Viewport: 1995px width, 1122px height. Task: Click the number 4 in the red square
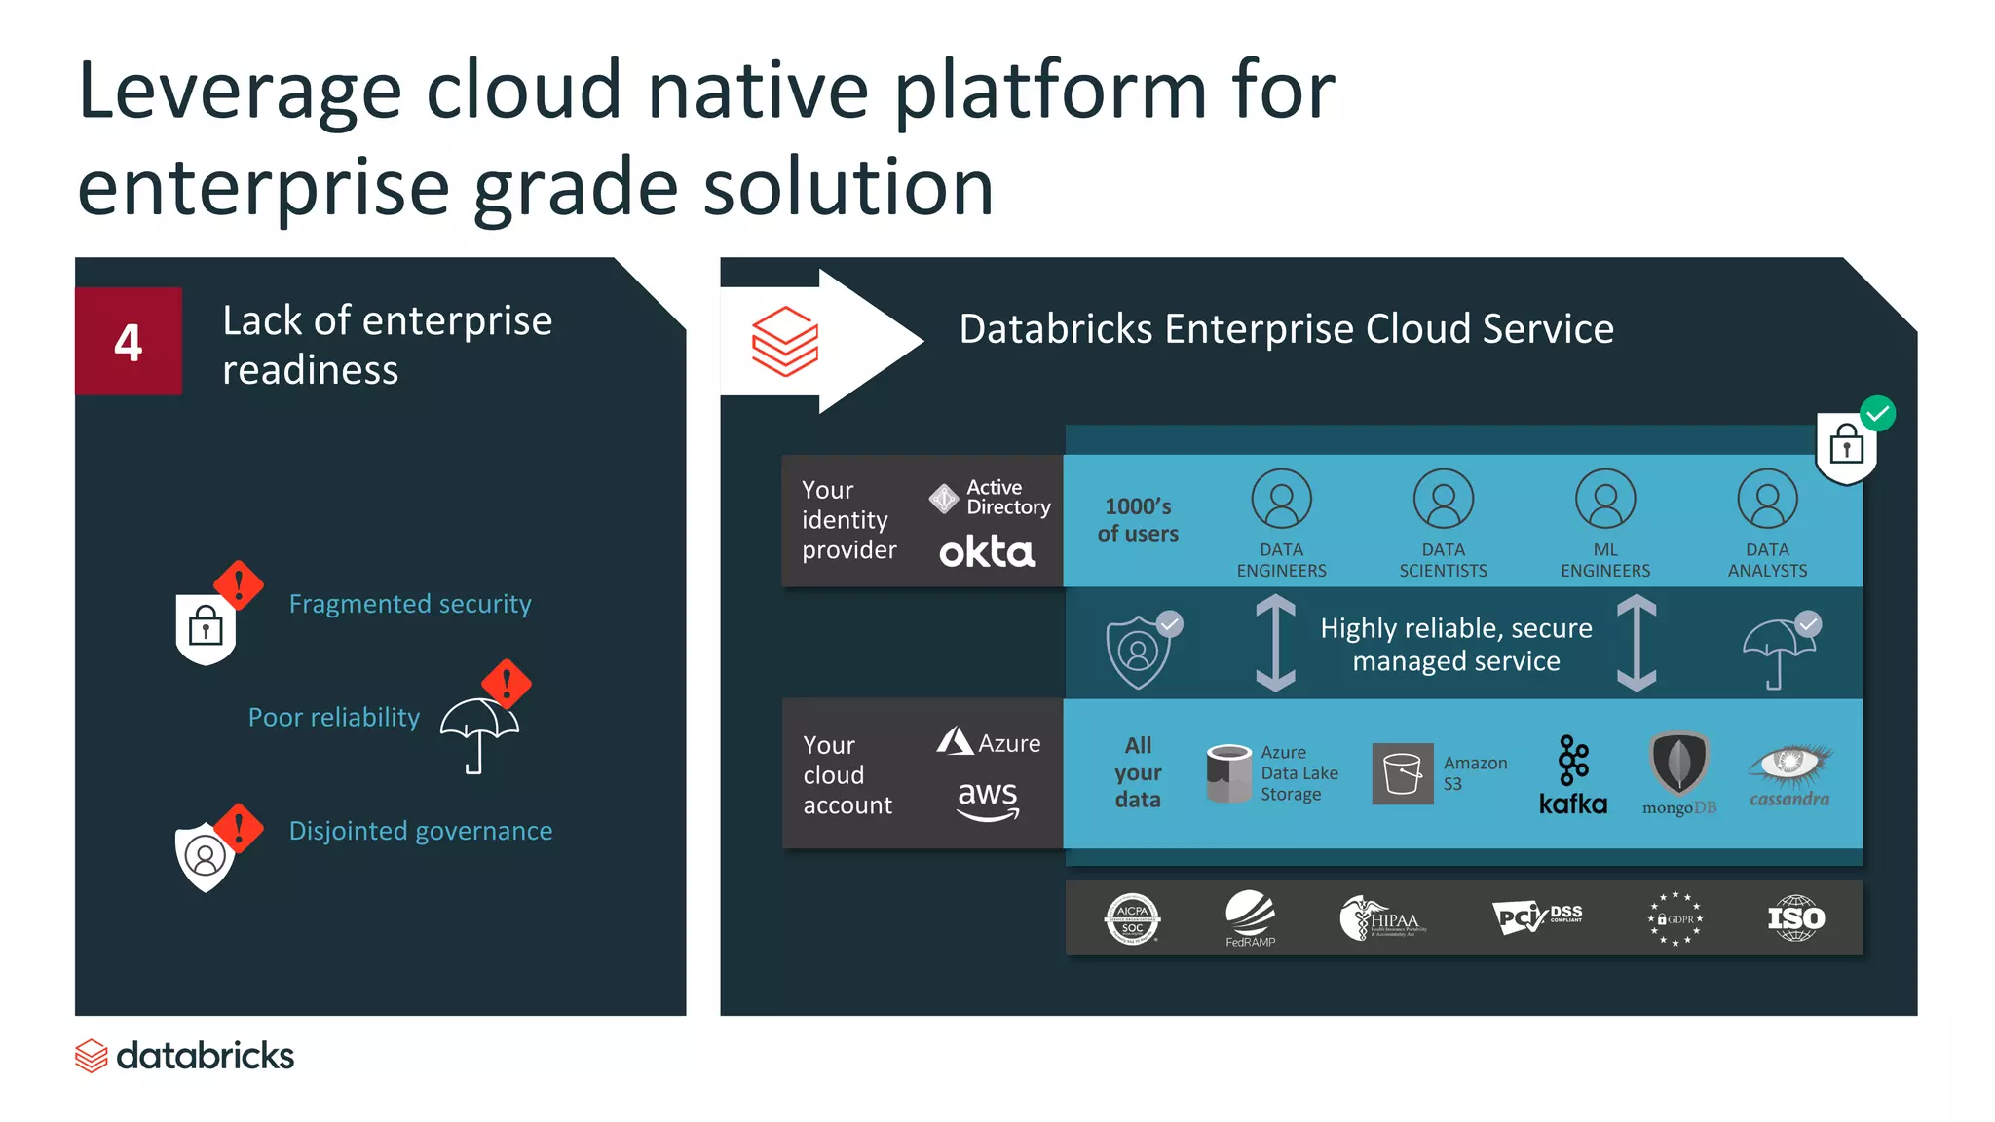click(128, 342)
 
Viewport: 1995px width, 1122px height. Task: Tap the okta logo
click(987, 552)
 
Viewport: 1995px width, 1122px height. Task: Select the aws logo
click(988, 799)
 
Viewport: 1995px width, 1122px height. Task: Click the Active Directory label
click(1007, 497)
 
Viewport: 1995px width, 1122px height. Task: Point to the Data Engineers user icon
click(1281, 499)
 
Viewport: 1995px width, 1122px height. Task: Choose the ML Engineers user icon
click(1605, 499)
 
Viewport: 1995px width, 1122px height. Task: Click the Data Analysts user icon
click(1767, 499)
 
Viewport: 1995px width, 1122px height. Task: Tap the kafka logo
click(1572, 775)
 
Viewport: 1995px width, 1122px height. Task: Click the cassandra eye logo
click(1789, 765)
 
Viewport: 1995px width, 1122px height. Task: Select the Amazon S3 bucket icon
click(1402, 773)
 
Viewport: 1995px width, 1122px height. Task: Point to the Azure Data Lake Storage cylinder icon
click(1228, 773)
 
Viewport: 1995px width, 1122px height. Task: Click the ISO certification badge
click(1795, 917)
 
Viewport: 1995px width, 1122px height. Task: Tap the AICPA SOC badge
click(1132, 918)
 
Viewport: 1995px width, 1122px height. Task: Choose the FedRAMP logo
click(1250, 917)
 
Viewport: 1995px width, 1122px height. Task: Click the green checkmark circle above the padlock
click(1877, 413)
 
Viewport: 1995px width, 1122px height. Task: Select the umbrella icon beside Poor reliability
click(478, 732)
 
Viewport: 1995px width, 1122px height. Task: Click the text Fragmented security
click(410, 604)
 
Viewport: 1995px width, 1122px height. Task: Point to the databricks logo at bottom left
click(185, 1056)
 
